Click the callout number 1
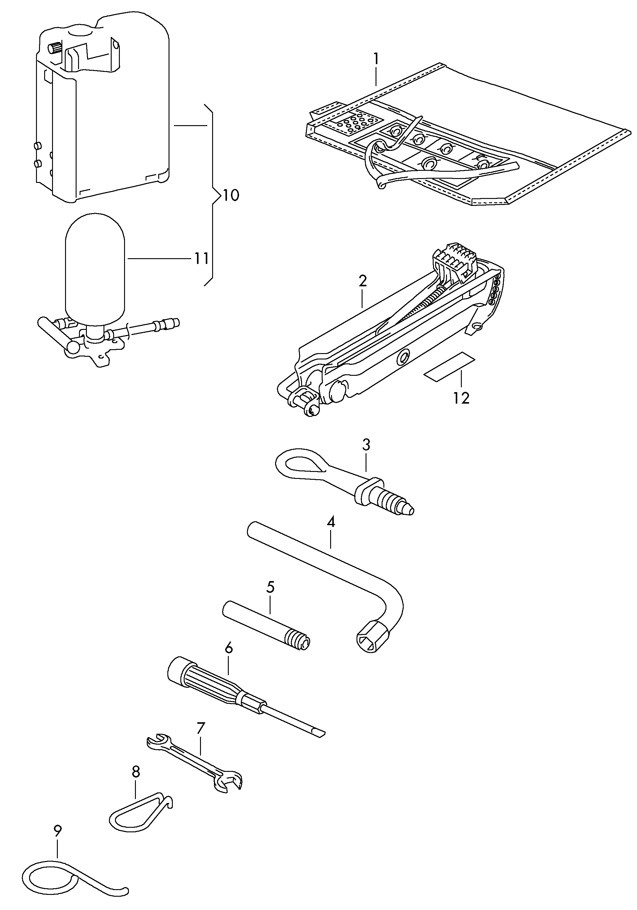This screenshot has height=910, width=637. pos(376,60)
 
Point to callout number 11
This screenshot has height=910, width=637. pos(201,259)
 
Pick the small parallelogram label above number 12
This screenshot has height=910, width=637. pos(449,367)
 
